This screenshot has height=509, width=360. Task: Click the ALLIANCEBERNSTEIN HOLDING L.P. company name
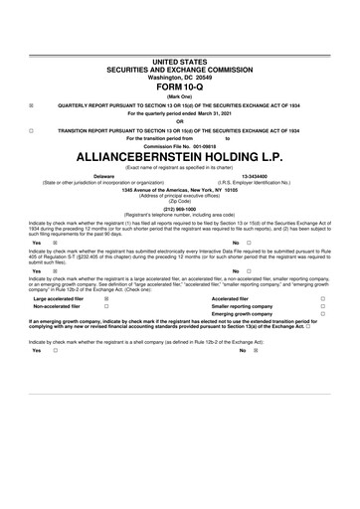click(180, 157)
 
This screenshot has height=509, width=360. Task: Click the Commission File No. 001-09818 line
click(180, 145)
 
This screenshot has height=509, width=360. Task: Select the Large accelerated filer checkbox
click(105, 297)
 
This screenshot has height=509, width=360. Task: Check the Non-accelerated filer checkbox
click(105, 305)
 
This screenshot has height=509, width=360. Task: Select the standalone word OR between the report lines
click(180, 121)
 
